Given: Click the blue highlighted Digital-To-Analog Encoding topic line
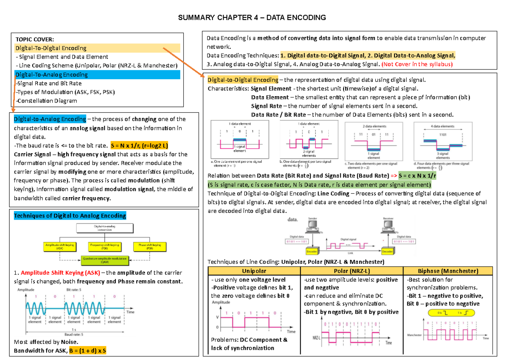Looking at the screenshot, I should coord(51,75).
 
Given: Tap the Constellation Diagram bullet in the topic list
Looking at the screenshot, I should coord(46,101).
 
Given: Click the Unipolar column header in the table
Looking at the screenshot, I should coord(254,271).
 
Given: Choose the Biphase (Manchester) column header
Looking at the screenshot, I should coord(448,271).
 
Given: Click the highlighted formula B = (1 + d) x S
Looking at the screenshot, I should coord(84,351).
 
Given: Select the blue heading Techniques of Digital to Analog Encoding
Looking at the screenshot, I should coord(70,216).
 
